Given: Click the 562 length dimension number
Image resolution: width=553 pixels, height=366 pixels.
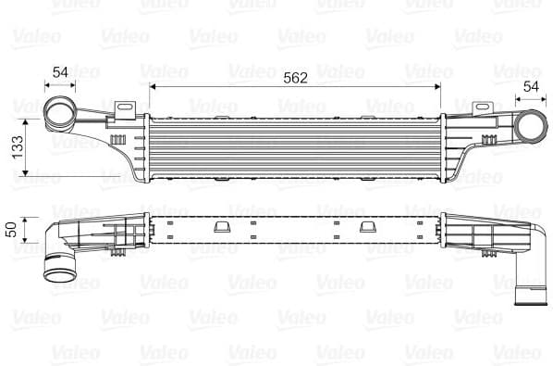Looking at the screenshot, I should pyautogui.click(x=295, y=78).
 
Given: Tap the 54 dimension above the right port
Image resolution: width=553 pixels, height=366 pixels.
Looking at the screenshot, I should pyautogui.click(x=531, y=86).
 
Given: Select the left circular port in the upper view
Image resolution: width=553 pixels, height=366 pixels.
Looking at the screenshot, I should pyautogui.click(x=62, y=116).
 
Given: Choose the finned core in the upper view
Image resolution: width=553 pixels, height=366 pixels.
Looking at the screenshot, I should pyautogui.click(x=295, y=148).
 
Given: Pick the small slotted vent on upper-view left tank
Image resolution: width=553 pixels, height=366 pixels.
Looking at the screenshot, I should pyautogui.click(x=118, y=135).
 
